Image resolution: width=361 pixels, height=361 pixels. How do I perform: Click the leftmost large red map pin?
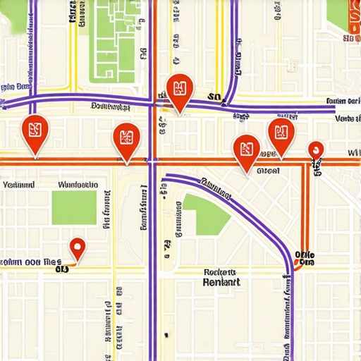35,131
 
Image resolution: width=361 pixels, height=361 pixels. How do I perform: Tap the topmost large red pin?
179,90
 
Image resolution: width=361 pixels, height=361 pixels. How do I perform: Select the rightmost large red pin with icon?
281,133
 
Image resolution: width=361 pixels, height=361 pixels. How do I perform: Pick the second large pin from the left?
127,138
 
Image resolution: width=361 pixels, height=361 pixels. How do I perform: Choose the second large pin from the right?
247,149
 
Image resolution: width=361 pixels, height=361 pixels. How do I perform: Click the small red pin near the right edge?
316,149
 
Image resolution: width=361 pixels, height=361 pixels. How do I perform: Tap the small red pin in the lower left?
78,247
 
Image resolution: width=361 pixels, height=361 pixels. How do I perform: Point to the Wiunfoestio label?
78,185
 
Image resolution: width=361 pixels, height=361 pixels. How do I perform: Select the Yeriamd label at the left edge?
18,185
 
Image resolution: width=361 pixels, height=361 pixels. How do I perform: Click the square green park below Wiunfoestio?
74,207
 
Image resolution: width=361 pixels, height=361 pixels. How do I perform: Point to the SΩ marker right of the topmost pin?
215,97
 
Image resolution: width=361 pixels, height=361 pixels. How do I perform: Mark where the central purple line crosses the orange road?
152,161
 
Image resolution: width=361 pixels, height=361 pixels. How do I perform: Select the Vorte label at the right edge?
348,118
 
